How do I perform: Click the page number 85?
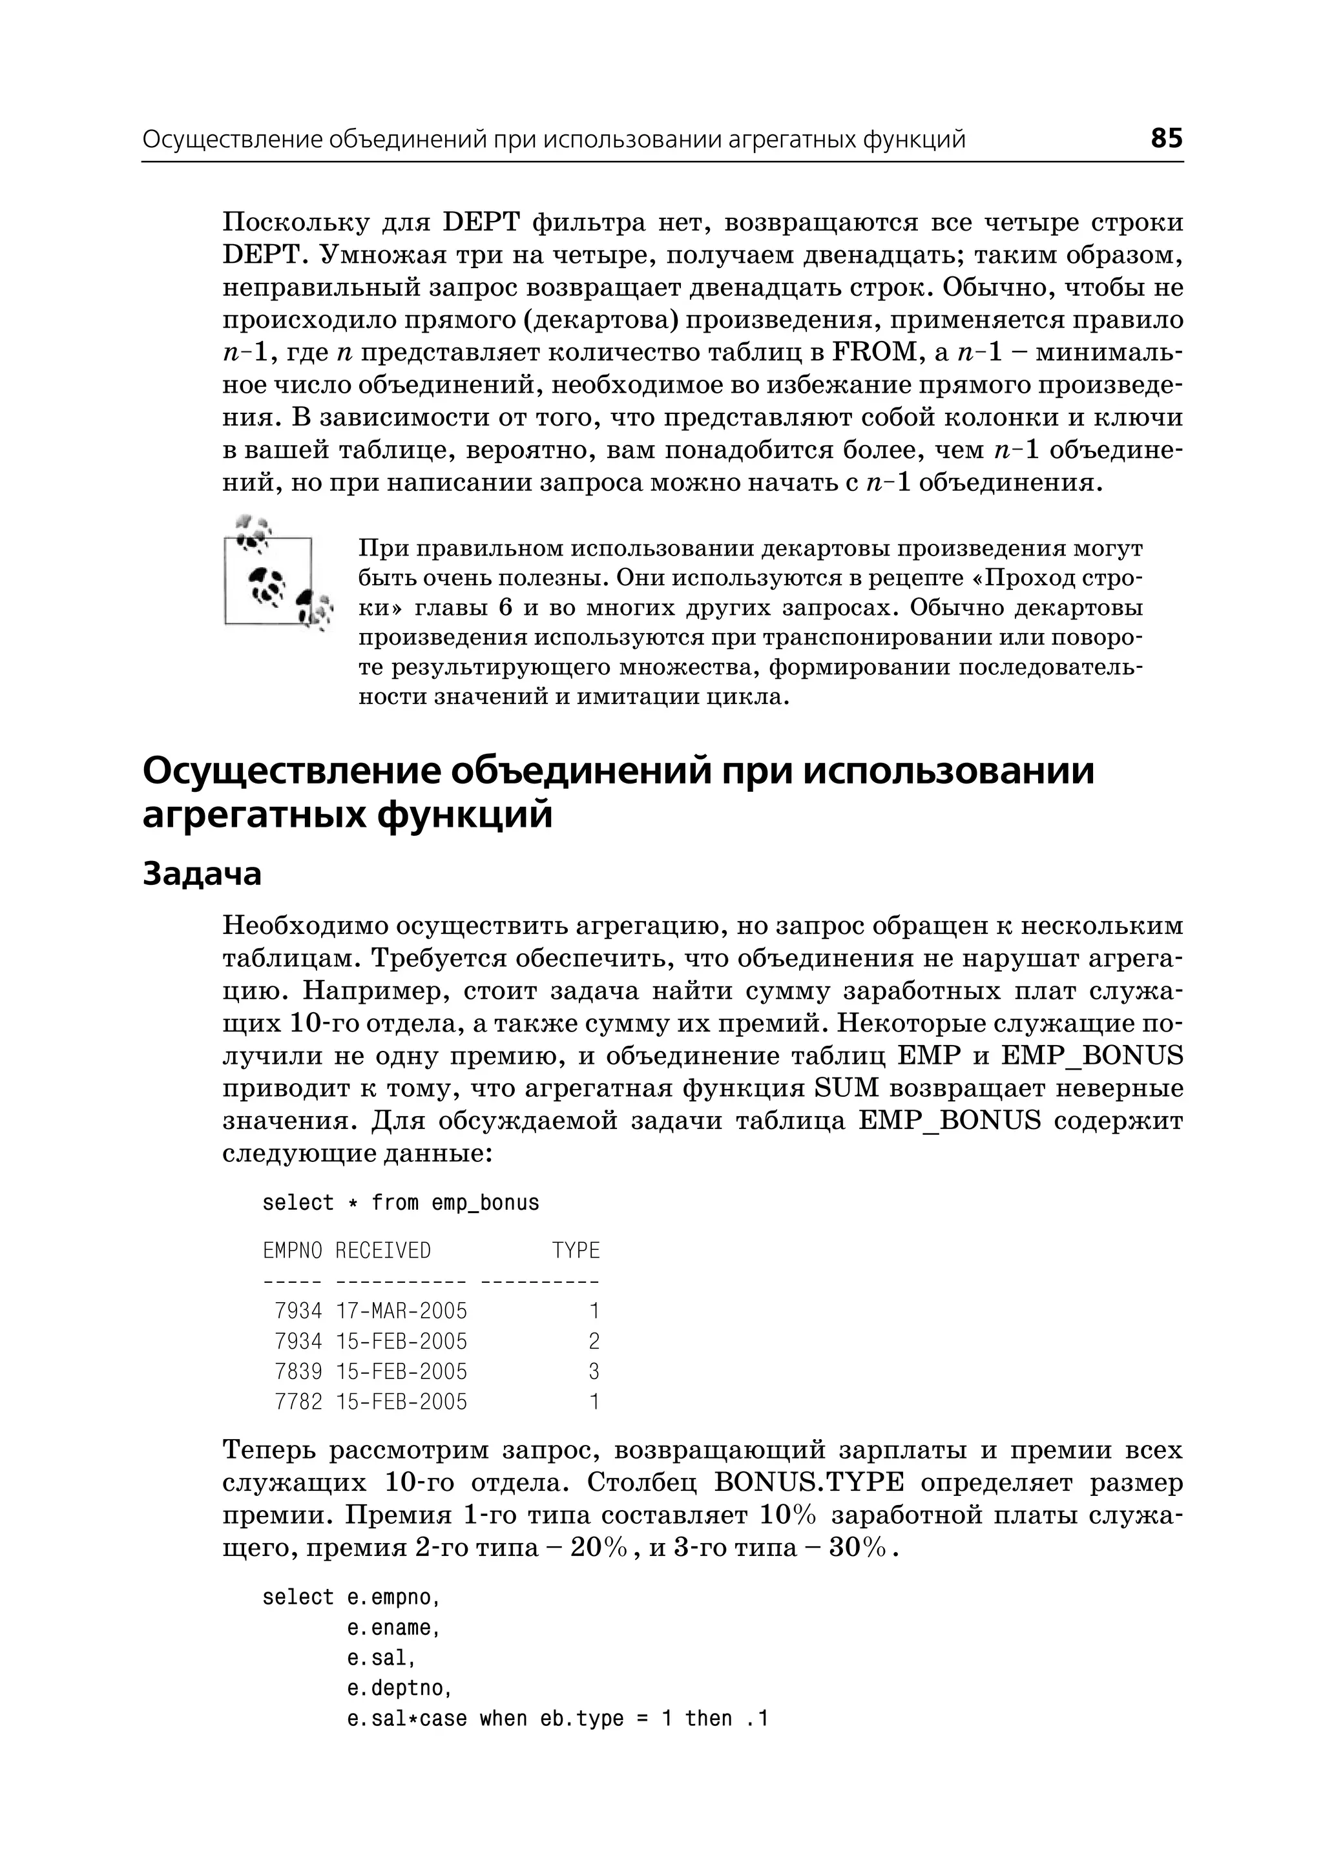pyautogui.click(x=1166, y=138)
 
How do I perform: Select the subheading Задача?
pyautogui.click(x=202, y=874)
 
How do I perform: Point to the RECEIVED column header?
pyautogui.click(x=383, y=1251)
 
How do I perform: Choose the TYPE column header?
pyautogui.click(x=576, y=1251)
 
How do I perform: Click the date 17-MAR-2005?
pyautogui.click(x=402, y=1311)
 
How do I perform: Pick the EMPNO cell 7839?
pyautogui.click(x=298, y=1371)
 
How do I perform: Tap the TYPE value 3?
pyautogui.click(x=594, y=1371)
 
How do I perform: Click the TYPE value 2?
pyautogui.click(x=594, y=1341)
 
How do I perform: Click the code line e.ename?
pyautogui.click(x=393, y=1628)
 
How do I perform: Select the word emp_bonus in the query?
pyautogui.click(x=486, y=1203)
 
